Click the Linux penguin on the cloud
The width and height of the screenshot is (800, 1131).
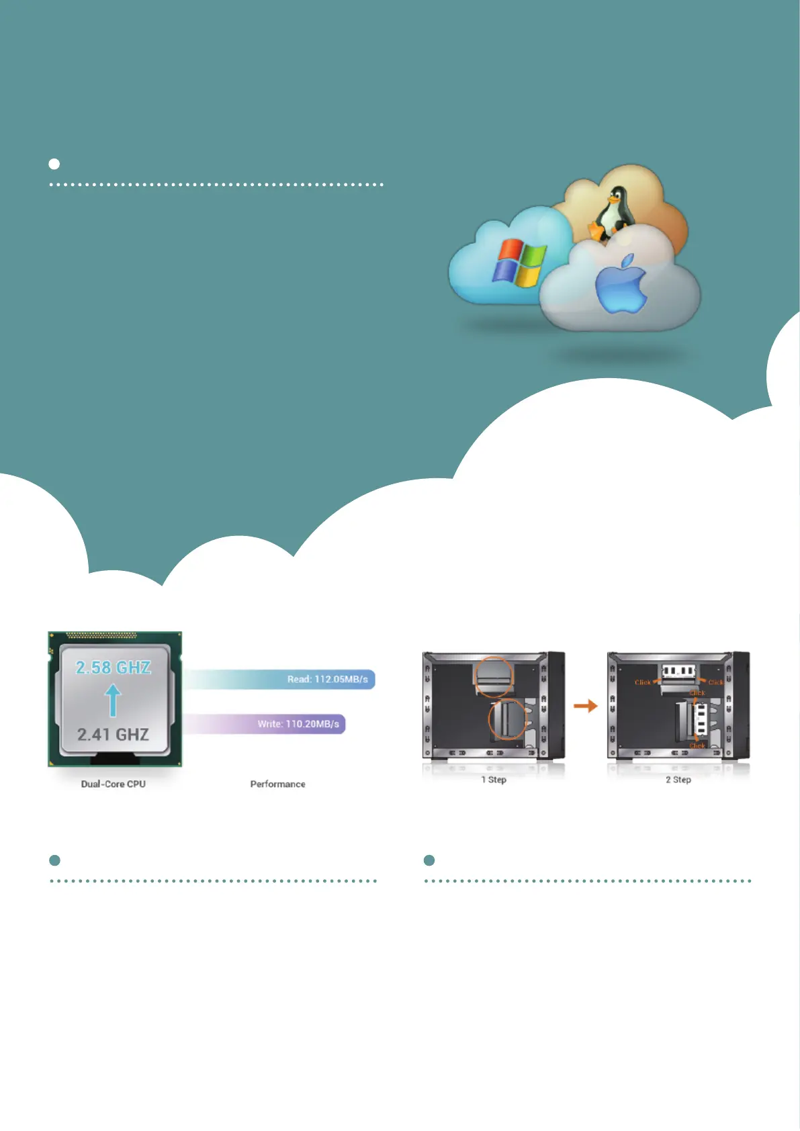point(613,214)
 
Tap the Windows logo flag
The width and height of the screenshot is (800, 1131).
point(519,263)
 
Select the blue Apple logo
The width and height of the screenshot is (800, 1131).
point(621,285)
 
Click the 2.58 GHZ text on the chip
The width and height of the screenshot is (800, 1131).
point(114,668)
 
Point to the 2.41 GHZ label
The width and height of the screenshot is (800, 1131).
point(113,735)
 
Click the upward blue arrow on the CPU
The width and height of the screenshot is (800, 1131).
point(113,700)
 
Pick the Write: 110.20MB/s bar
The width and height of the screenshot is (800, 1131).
point(266,724)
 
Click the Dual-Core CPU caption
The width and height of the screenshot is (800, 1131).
point(114,784)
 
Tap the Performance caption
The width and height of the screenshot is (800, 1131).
point(277,784)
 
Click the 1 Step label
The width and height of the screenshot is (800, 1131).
point(494,780)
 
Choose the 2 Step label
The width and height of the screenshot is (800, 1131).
point(678,780)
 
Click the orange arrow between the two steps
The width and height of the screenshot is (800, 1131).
point(585,706)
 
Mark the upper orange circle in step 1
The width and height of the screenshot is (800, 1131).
point(493,676)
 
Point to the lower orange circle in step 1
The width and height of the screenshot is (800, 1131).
point(507,719)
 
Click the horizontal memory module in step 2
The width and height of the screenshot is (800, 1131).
point(678,671)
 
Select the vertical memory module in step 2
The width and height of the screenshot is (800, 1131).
point(700,719)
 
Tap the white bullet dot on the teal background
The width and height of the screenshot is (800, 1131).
point(54,164)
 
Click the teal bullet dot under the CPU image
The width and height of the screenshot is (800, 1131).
point(55,860)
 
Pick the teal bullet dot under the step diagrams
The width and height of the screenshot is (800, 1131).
point(429,860)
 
